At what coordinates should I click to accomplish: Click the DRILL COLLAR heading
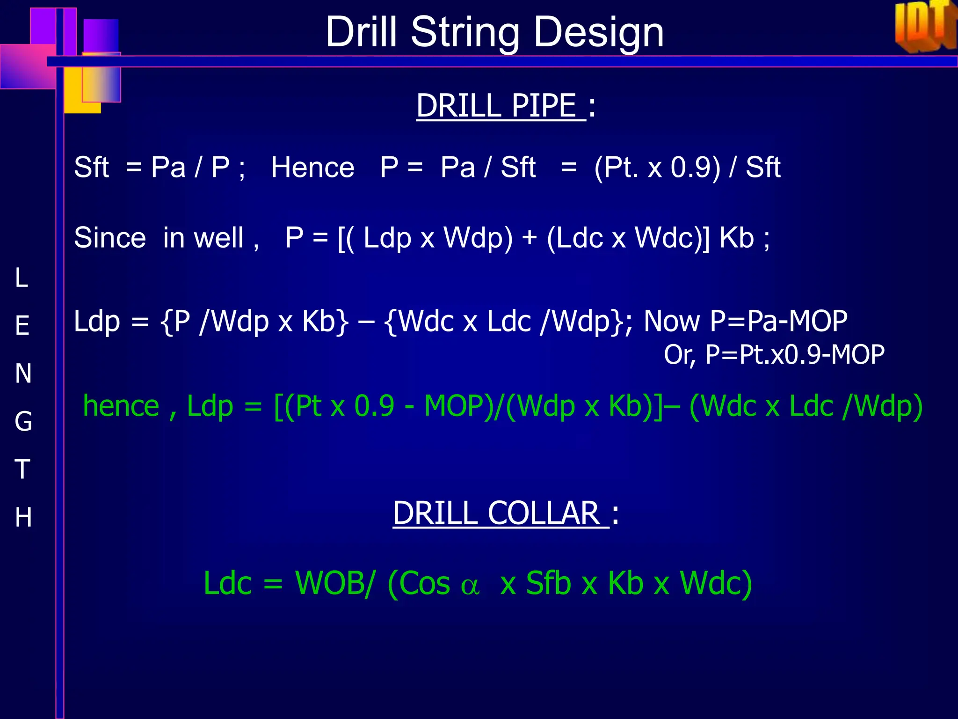coord(501,513)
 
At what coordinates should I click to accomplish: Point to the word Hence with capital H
coord(312,168)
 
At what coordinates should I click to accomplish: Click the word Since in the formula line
coord(110,238)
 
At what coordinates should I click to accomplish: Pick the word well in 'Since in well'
coord(218,238)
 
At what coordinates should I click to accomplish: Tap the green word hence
coord(121,406)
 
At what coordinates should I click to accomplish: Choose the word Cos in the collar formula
coord(419,583)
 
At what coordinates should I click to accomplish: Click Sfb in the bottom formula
coord(548,583)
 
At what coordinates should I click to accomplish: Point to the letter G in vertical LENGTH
coord(23,421)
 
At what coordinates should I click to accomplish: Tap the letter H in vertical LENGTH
coord(23,517)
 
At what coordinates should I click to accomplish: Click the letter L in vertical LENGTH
coord(22,278)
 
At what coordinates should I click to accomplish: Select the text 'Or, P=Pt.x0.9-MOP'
coord(774,354)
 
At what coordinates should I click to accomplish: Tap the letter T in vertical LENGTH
coord(22,469)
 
